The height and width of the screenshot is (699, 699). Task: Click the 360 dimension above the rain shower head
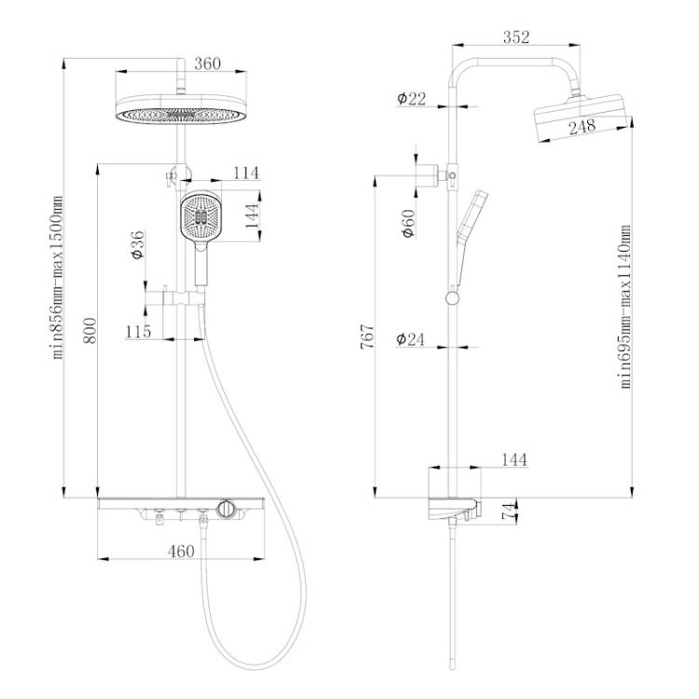tap(207, 63)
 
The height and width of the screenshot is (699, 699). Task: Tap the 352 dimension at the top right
tap(516, 37)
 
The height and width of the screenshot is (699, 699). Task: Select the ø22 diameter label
tap(411, 99)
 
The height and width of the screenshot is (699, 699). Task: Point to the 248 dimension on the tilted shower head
tap(582, 127)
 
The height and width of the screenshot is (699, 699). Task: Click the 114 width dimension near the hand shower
tap(246, 173)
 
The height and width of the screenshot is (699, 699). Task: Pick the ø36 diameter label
tap(138, 245)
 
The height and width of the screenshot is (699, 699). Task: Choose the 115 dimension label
tap(138, 332)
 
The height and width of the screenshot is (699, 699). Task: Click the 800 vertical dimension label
tap(89, 330)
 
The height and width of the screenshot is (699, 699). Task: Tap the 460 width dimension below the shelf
tap(181, 552)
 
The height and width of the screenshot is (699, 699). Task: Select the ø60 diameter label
tap(408, 224)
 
